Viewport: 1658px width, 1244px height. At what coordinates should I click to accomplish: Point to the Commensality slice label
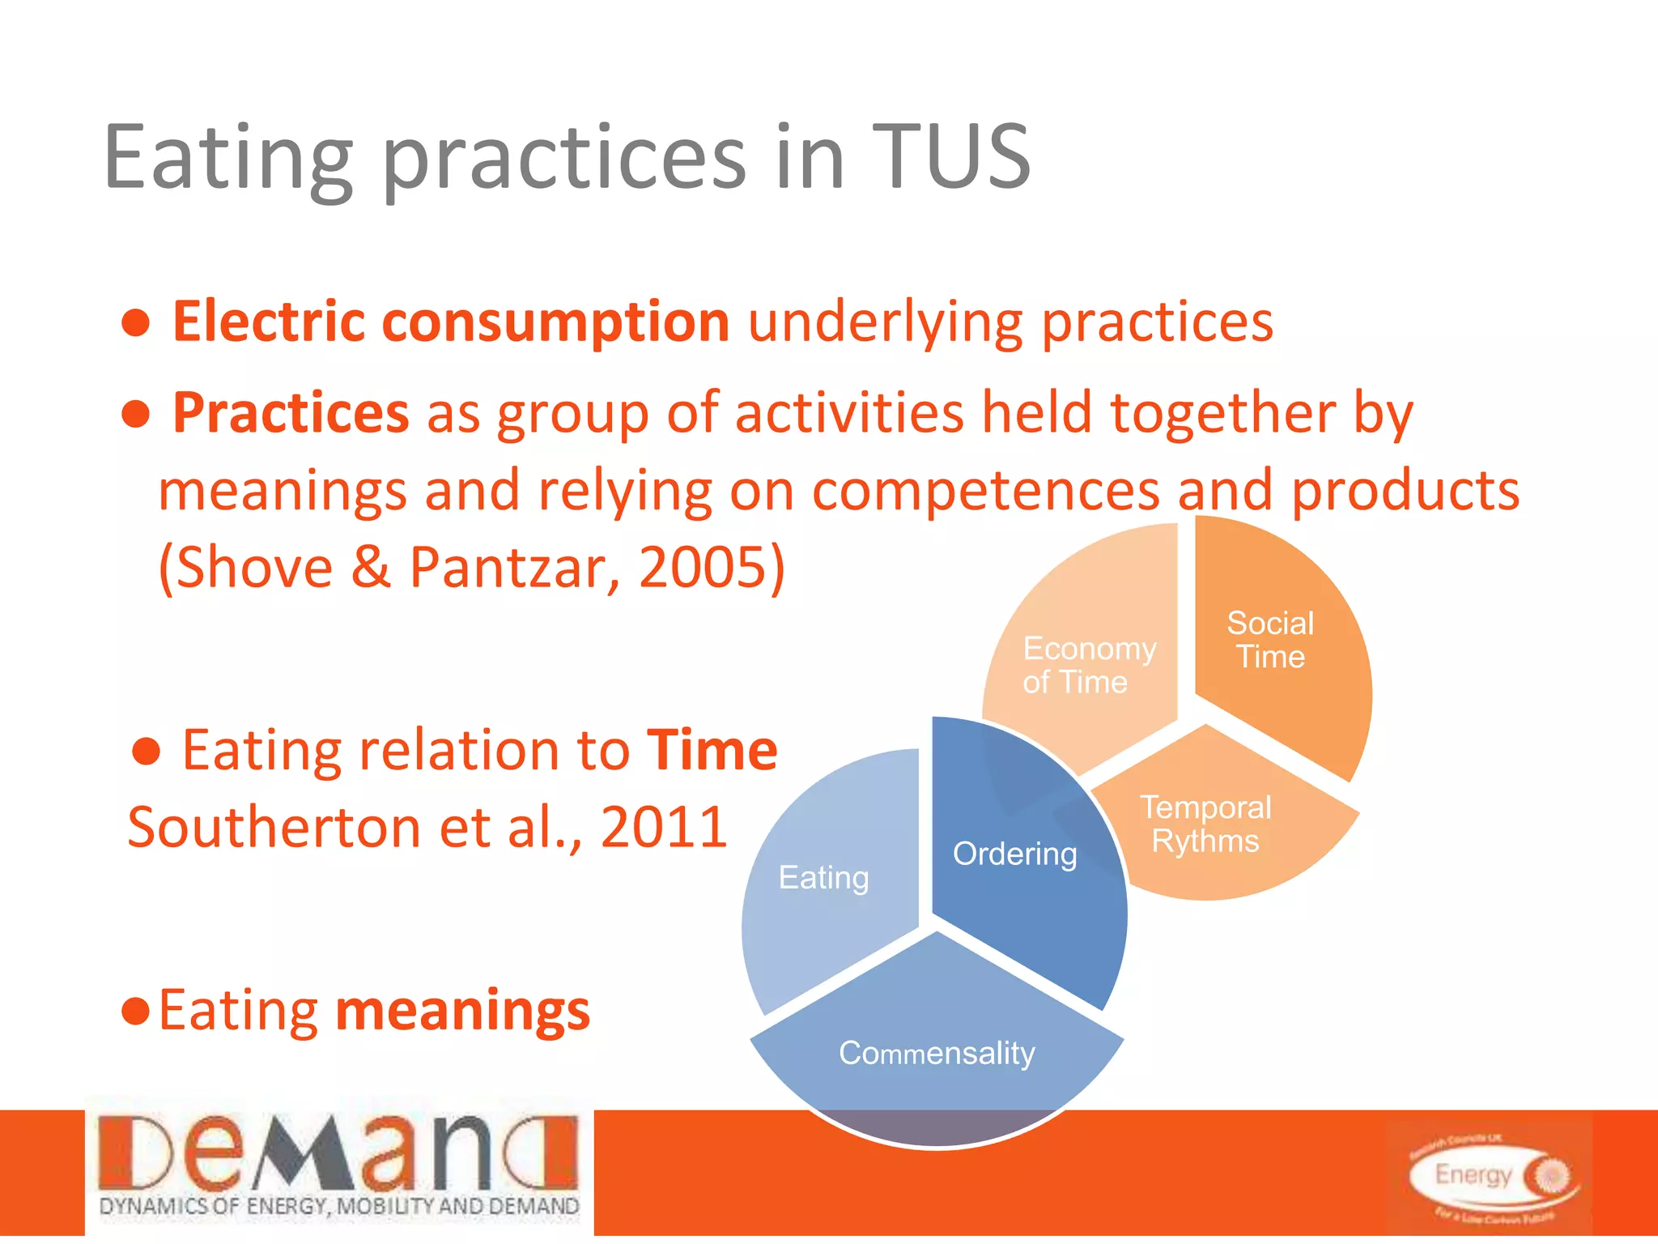[x=937, y=1053]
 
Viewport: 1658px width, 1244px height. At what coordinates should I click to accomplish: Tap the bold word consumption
[x=555, y=323]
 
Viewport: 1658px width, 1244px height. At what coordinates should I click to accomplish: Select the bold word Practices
[x=291, y=413]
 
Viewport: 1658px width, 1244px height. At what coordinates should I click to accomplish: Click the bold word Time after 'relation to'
[x=712, y=750]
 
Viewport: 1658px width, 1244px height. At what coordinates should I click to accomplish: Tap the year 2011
[x=664, y=828]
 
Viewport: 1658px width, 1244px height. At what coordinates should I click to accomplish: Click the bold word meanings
[x=462, y=1012]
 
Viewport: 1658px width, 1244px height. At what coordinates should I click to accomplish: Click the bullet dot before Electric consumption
[x=136, y=323]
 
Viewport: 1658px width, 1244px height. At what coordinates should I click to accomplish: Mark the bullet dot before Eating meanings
[x=135, y=1012]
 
